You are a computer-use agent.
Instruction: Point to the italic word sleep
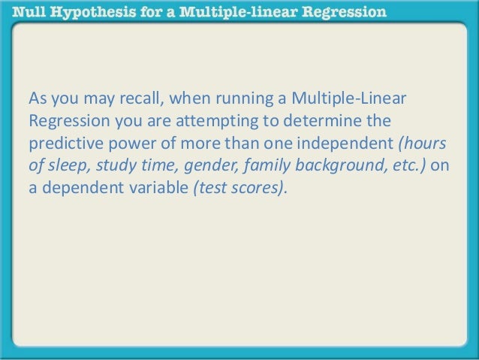coord(63,165)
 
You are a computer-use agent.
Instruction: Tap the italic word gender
coord(200,165)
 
